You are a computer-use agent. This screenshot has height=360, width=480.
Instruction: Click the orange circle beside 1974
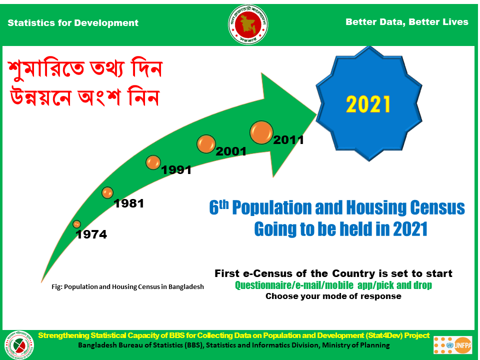77,224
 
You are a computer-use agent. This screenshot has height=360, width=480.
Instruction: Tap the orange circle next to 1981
107,192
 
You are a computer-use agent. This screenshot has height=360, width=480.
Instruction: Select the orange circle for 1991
153,162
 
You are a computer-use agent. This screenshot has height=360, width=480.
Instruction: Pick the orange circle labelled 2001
206,144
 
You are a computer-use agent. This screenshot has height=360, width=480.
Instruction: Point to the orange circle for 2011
261,132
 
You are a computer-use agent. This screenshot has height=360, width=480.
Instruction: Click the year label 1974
91,234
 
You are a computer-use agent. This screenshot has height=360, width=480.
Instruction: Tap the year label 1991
176,170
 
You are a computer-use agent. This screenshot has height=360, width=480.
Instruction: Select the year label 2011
288,140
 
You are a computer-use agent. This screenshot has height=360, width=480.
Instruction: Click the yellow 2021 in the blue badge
368,104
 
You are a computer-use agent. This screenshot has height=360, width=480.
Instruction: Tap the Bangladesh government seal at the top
248,24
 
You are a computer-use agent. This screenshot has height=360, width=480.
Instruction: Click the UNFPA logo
453,345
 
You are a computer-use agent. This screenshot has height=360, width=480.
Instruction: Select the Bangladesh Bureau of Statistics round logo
19,345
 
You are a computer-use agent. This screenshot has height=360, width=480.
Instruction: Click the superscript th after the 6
224,204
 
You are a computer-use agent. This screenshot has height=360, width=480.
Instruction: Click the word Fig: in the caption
57,287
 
